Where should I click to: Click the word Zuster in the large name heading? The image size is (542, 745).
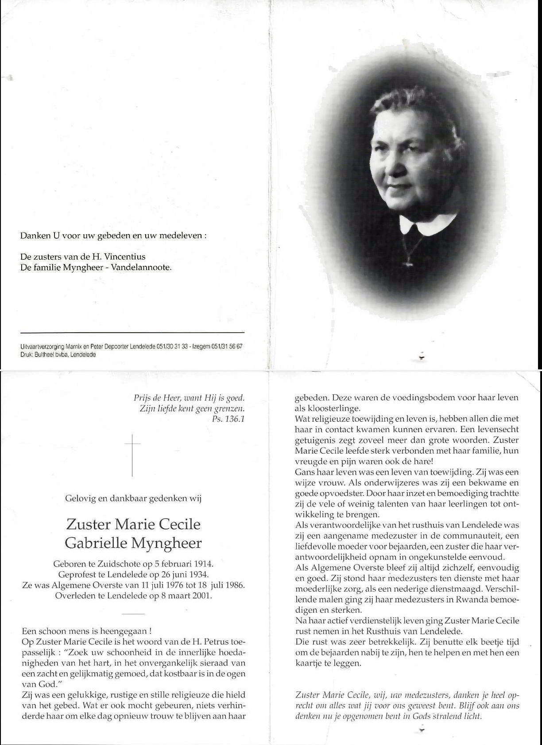(88, 524)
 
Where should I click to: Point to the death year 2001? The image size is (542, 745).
(203, 596)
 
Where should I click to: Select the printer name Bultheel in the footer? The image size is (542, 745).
(43, 354)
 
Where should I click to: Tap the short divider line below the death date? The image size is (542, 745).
(132, 613)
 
